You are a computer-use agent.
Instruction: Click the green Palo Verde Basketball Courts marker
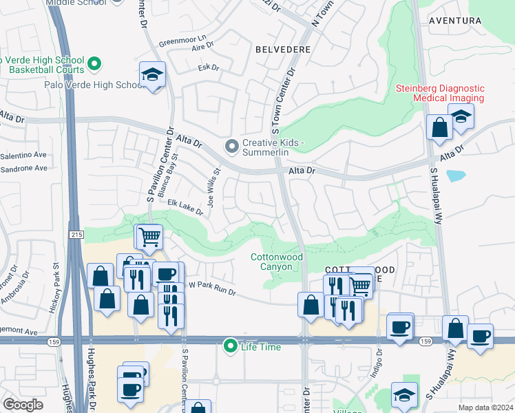click(x=95, y=65)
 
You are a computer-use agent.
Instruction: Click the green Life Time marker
click(x=231, y=346)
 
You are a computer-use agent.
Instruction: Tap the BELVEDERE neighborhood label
click(x=282, y=50)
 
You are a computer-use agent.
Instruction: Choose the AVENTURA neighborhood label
click(x=455, y=21)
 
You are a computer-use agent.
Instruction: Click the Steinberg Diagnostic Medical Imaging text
click(x=439, y=93)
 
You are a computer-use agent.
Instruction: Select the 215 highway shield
click(x=74, y=235)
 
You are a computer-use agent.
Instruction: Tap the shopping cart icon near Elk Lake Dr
click(x=149, y=237)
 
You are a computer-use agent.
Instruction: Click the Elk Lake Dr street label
click(x=176, y=206)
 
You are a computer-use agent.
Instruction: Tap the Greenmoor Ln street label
click(x=182, y=39)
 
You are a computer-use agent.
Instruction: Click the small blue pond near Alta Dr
click(x=456, y=175)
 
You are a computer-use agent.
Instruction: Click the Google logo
click(x=22, y=404)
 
